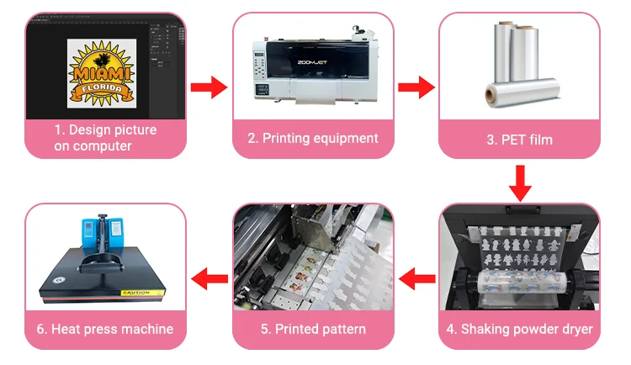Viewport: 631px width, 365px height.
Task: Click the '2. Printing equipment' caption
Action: coord(313,138)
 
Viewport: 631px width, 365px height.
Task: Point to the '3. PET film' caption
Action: coord(519,139)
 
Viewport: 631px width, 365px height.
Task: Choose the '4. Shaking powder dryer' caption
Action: coord(520,329)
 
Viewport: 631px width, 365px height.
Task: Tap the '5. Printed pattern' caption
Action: coord(313,329)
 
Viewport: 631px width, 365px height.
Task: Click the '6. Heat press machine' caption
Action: coord(105,329)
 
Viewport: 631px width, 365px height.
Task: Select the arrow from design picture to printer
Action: coord(209,87)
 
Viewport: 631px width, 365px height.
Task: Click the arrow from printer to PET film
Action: coord(416,87)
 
